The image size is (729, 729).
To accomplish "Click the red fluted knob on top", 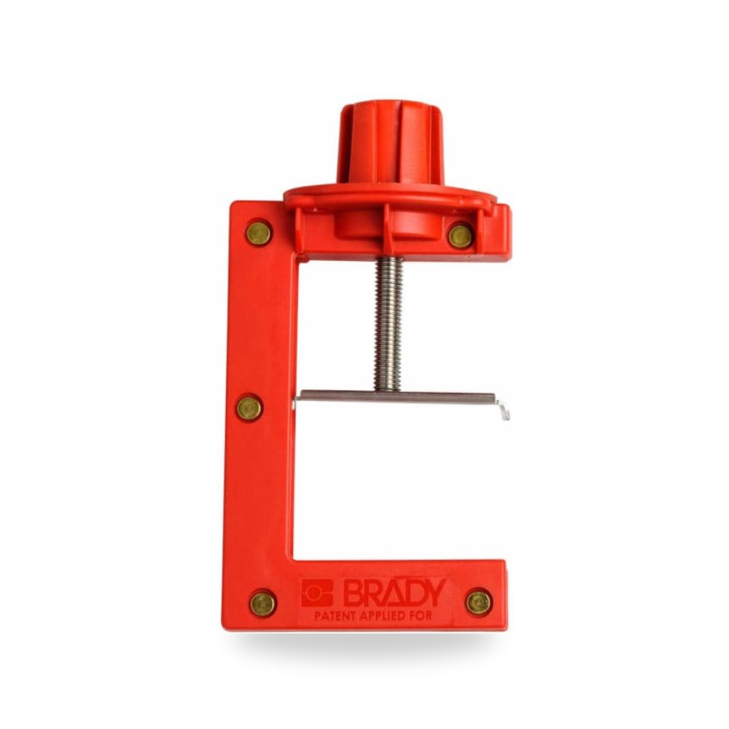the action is [x=391, y=144].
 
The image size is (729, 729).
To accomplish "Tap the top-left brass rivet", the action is [x=259, y=233].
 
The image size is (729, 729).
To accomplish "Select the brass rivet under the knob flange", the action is [x=461, y=236].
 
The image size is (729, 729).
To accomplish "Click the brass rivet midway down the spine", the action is [x=249, y=408].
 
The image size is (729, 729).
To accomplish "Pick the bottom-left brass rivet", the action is [x=263, y=604].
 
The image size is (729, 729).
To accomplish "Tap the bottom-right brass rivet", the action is [x=479, y=603].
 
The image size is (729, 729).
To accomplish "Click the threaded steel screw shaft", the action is [x=389, y=324].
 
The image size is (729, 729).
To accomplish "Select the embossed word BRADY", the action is [x=394, y=593].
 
